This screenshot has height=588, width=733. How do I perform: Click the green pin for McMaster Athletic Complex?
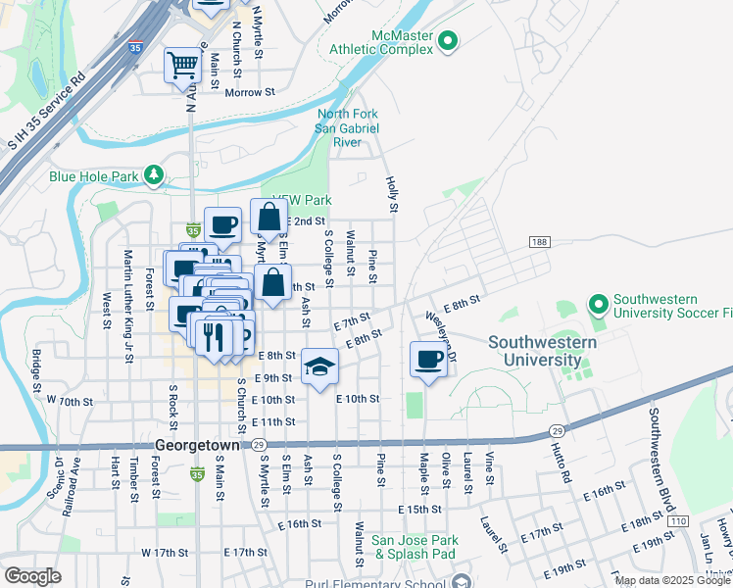tap(448, 40)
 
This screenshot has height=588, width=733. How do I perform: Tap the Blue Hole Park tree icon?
tap(153, 175)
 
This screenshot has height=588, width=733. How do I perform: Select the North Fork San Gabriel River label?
tap(347, 128)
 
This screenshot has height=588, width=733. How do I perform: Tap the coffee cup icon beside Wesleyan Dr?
tap(427, 360)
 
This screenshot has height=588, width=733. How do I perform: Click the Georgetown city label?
tap(196, 444)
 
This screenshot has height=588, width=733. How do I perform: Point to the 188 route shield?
tap(539, 241)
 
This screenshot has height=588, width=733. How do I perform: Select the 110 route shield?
tap(678, 520)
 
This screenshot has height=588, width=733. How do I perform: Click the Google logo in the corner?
tap(32, 576)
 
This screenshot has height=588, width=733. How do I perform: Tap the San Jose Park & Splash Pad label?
tap(415, 547)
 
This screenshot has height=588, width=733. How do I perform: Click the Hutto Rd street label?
tap(565, 464)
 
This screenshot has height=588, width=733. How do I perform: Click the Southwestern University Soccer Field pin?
tap(599, 306)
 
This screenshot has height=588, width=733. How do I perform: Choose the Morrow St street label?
tap(250, 92)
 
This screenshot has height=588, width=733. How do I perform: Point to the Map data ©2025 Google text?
tap(672, 580)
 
